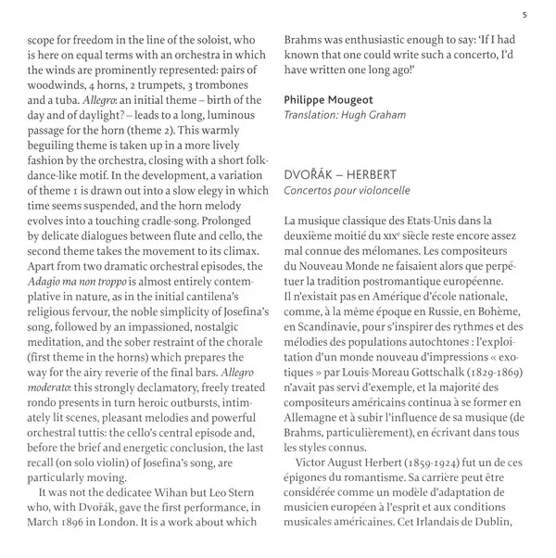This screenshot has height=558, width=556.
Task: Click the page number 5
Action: coord(525,12)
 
